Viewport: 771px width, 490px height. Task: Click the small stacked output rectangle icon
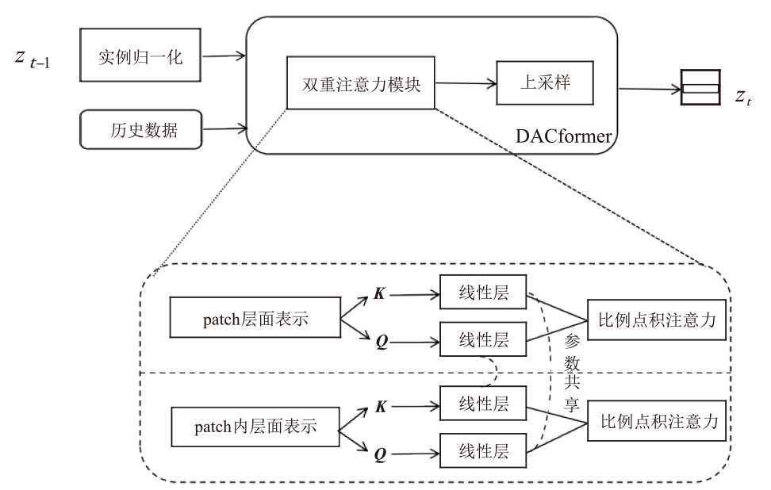pos(700,87)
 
